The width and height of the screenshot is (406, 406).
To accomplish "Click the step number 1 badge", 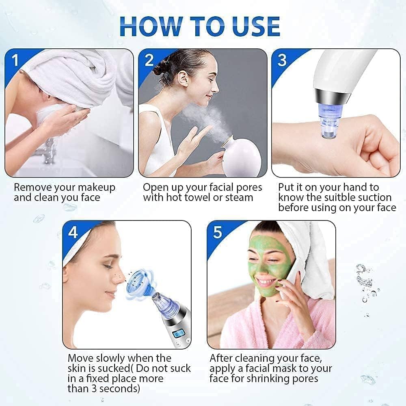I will [x=15, y=60].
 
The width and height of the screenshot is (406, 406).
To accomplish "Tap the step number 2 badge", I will [x=149, y=60].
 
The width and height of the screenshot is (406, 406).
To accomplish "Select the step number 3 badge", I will [x=282, y=60].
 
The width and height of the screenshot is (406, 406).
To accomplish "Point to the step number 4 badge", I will [x=73, y=232].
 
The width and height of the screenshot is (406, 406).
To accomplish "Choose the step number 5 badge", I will [x=218, y=232].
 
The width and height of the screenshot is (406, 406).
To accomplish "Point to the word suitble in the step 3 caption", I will [x=343, y=198].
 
